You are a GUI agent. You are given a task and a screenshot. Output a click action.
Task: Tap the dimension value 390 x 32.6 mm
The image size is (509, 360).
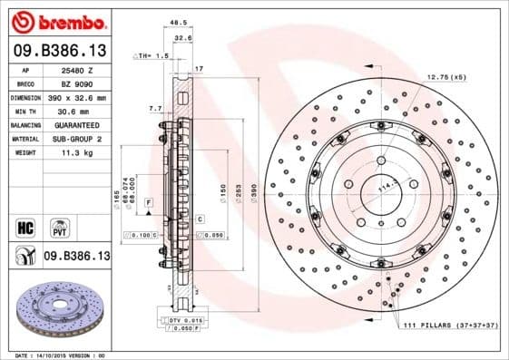click(77, 96)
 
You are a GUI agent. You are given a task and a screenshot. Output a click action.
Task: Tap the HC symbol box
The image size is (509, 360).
click(25, 224)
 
